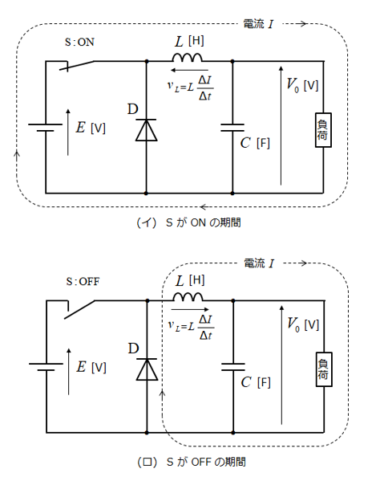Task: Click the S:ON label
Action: coord(79,42)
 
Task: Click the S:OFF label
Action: coord(83,281)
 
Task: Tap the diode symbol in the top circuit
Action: coord(147,130)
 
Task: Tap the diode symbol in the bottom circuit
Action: coord(147,369)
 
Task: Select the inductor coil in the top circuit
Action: coord(188,57)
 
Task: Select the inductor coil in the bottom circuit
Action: coord(188,296)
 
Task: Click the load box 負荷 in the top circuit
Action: coord(323,130)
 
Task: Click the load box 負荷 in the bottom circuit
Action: coord(324,369)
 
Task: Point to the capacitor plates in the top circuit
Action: coord(232,128)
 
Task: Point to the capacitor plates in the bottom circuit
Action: coord(233,367)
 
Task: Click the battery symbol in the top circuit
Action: coord(46,128)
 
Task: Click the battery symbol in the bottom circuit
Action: coord(46,367)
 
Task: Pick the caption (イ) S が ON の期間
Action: coord(188,222)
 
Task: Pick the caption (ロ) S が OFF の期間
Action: coord(192,462)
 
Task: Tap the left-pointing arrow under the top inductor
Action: coord(189,70)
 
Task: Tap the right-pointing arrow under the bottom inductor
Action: coord(190,309)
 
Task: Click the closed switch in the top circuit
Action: coord(77,65)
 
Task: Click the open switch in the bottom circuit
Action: coord(79,309)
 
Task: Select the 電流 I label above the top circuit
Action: coord(258,24)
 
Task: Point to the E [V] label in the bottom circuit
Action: coord(91,367)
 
